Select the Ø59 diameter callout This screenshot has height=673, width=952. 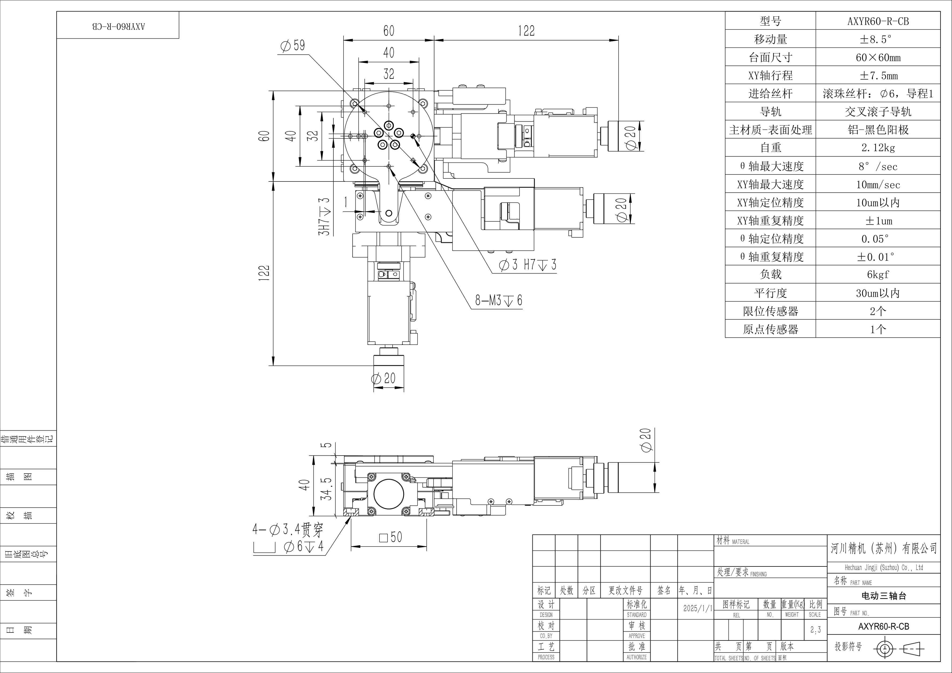point(293,45)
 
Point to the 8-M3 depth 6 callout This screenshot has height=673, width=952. point(499,300)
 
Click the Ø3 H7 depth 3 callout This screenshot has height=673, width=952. point(528,264)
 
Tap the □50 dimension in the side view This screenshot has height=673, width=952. point(391,537)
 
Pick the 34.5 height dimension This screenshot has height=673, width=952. point(328,489)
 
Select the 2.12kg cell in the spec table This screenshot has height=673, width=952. point(878,148)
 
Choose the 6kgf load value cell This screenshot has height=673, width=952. point(878,274)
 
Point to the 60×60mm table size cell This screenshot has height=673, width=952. point(878,58)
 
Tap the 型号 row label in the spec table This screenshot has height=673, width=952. point(771,21)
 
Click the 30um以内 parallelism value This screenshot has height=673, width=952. point(878,293)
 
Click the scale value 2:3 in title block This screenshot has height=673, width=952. point(816,630)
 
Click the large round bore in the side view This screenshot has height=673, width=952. point(389,494)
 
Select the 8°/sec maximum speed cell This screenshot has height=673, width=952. point(878,166)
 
